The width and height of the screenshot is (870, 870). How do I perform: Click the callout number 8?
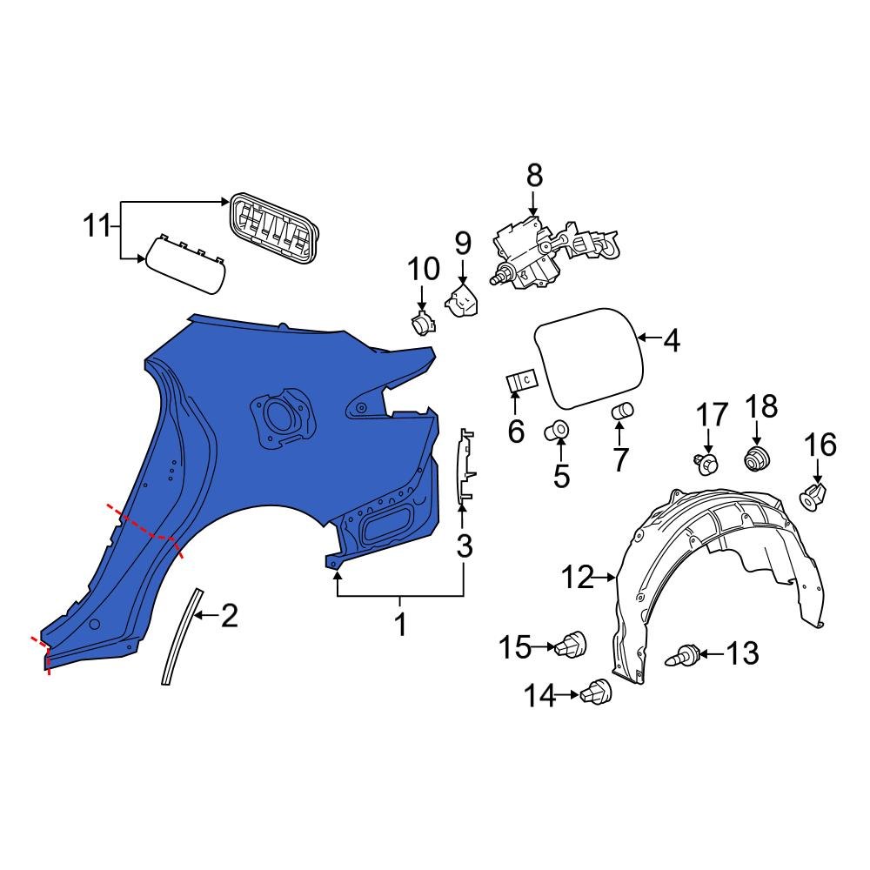coord(533,177)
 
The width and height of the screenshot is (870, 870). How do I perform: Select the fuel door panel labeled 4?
coord(589,356)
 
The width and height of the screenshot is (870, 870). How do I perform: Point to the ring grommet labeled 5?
coord(559,431)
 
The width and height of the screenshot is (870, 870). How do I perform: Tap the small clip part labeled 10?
coord(424,324)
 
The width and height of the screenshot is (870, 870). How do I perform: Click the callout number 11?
coord(98,227)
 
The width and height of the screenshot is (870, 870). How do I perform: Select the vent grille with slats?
coord(273,228)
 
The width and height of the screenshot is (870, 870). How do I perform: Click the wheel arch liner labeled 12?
coord(713,565)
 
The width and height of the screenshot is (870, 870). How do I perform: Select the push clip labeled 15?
coord(575,646)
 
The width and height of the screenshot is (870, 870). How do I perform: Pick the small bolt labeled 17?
coord(706,463)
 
